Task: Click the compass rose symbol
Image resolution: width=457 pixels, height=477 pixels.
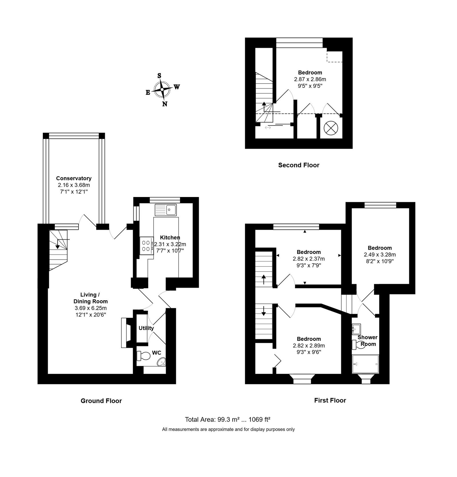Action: tap(162, 90)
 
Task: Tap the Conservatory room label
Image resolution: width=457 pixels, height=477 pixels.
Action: tap(74, 178)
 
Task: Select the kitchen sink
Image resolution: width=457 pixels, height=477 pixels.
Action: tap(166, 210)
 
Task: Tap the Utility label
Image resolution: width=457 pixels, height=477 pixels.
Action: tap(146, 328)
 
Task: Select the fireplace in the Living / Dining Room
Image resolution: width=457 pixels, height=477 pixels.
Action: tap(127, 332)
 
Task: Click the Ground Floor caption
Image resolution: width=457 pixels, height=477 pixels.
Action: tap(101, 401)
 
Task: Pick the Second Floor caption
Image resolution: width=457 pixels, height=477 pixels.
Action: tap(299, 165)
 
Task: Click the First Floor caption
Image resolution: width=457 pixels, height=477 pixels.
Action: tap(330, 400)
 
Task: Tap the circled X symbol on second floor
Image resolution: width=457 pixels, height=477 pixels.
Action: tap(331, 128)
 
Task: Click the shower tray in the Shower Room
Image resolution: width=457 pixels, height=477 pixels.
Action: tap(366, 364)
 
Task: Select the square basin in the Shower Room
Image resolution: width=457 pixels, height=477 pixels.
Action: tap(356, 329)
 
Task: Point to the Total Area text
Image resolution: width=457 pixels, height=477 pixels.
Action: tap(228, 420)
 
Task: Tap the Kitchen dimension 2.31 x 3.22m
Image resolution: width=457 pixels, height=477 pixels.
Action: tap(170, 244)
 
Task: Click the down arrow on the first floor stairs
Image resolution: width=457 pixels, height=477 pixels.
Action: tap(263, 311)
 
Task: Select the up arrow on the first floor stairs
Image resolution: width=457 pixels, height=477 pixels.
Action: tap(263, 280)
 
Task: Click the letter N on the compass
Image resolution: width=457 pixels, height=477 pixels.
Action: tap(165, 104)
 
